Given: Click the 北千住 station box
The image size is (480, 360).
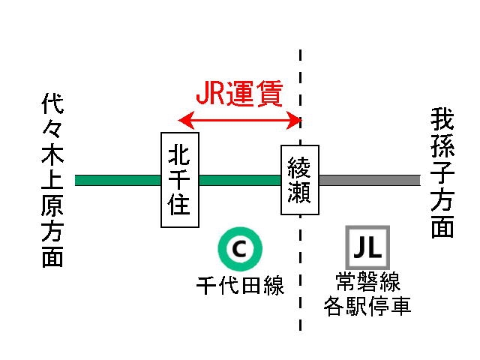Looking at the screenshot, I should tap(181, 180).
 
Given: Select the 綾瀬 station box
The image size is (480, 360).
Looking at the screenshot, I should tap(299, 180).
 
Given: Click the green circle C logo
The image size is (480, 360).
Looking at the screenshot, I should tap(238, 248).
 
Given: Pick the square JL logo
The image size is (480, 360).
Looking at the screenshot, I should tap(367, 248).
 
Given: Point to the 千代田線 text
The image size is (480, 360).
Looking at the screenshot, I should tap(240, 286).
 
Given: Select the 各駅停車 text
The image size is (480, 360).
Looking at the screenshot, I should tap(367, 306).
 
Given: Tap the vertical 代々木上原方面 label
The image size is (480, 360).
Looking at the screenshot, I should tap(52, 181).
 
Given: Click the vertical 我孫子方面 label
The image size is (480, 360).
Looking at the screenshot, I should tap(443, 172).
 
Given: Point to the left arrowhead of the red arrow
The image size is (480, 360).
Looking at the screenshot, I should tap(183, 119).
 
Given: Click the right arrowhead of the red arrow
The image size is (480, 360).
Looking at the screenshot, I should tap(295, 119).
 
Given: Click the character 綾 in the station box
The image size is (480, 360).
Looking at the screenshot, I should tap(298, 166).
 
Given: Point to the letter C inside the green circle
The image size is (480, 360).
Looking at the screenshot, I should tap(238, 248).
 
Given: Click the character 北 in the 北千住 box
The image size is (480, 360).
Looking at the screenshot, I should tap(181, 154).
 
